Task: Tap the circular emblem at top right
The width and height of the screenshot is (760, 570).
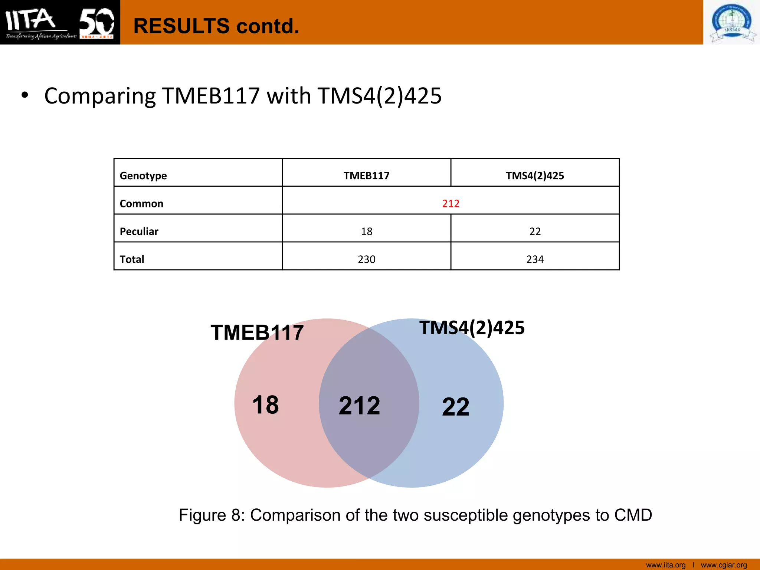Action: tap(732, 22)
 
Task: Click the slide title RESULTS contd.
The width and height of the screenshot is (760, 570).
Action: tap(216, 26)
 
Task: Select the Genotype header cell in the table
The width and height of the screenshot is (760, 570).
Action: tap(143, 176)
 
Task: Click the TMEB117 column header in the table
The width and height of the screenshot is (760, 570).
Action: tap(366, 176)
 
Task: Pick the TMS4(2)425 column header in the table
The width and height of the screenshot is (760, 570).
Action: tap(535, 176)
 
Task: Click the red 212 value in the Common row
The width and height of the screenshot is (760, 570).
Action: tap(451, 203)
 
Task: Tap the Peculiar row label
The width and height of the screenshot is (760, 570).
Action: tap(139, 231)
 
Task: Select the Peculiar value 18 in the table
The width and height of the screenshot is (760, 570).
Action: tap(366, 231)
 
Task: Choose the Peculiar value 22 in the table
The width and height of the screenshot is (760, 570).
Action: tap(535, 231)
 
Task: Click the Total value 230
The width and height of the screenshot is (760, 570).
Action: tap(366, 259)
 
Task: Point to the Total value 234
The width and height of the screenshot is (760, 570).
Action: tap(535, 259)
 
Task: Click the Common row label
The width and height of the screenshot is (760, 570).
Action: tap(141, 203)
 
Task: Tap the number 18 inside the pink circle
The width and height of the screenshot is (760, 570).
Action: tap(265, 404)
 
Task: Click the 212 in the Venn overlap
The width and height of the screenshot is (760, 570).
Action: tap(359, 405)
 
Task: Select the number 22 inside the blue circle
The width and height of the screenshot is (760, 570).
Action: tap(456, 407)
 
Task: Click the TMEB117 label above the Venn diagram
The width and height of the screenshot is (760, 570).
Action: tap(257, 332)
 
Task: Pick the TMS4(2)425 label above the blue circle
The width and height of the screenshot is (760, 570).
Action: tap(472, 328)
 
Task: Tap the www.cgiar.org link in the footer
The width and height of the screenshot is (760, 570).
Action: tap(724, 565)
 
